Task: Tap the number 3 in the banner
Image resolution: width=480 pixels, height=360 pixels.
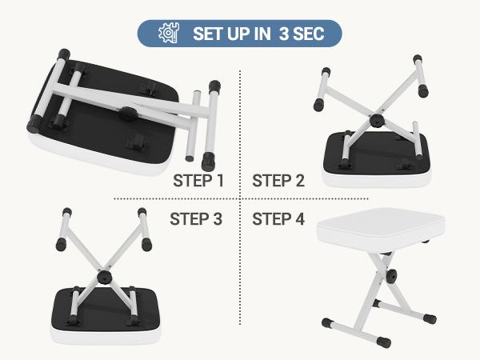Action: click(284, 34)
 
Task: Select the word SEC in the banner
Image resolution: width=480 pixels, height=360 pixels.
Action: click(314, 34)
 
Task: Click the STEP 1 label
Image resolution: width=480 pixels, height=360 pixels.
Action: click(198, 180)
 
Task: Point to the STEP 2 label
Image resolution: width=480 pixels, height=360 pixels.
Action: click(278, 180)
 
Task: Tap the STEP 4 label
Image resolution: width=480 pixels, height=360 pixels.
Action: click(278, 218)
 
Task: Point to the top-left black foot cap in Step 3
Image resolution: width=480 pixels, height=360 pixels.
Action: click(64, 213)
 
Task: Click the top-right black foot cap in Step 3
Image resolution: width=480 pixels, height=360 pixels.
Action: click(142, 213)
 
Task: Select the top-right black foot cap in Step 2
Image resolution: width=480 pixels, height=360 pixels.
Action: click(417, 60)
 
